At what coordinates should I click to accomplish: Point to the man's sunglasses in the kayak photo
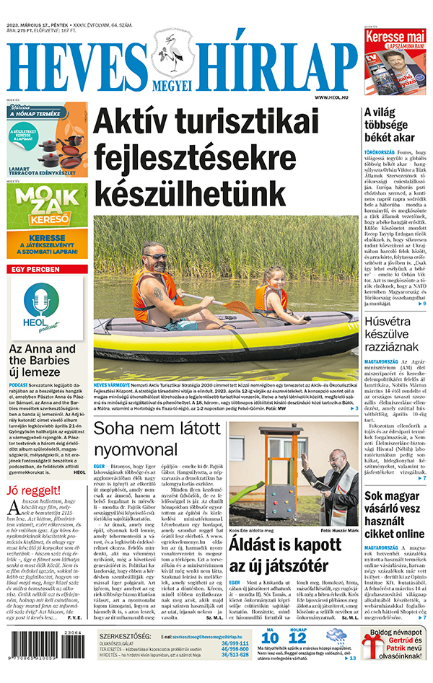(157, 255)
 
